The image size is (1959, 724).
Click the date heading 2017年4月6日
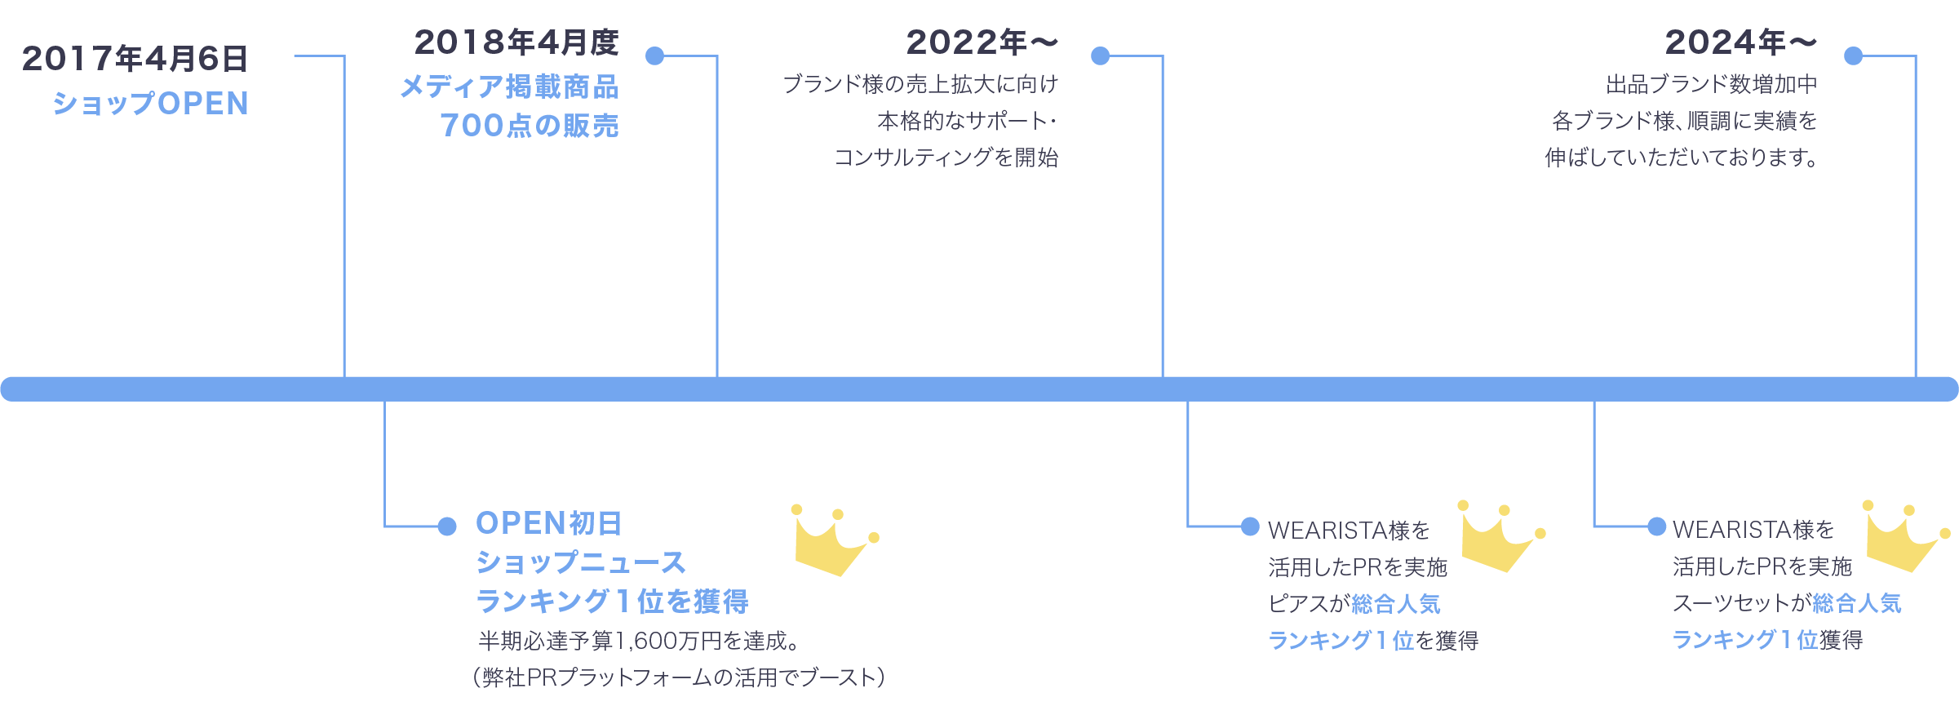(135, 59)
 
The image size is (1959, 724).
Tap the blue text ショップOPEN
(151, 104)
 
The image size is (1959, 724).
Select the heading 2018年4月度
(516, 42)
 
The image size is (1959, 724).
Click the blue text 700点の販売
(530, 126)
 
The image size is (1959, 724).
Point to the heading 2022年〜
(982, 42)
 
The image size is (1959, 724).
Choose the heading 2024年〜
(1740, 42)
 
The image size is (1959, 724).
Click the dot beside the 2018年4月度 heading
(654, 56)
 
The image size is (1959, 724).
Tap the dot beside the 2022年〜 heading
(1101, 56)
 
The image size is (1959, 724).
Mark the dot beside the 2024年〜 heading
(1854, 56)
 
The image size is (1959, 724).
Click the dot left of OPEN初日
(447, 526)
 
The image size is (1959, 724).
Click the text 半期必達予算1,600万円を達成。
(638, 641)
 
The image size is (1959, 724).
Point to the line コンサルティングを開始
(946, 157)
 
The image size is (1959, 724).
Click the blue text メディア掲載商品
(510, 87)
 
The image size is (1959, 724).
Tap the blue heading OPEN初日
(549, 523)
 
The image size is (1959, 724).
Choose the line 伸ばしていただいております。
(1682, 157)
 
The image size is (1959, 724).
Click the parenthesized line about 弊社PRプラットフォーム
(679, 677)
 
